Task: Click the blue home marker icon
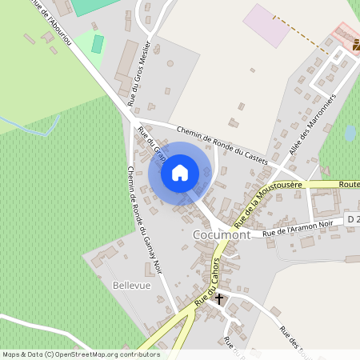[x=179, y=172]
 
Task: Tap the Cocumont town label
[x=222, y=235]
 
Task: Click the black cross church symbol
[x=219, y=298]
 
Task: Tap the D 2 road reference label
[x=353, y=218]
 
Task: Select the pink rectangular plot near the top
[x=267, y=25]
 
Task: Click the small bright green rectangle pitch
[x=98, y=43]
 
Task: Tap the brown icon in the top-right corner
[x=354, y=49]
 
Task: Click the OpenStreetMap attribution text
[x=80, y=354]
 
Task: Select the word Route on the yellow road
[x=349, y=185]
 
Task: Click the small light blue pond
[x=350, y=132]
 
